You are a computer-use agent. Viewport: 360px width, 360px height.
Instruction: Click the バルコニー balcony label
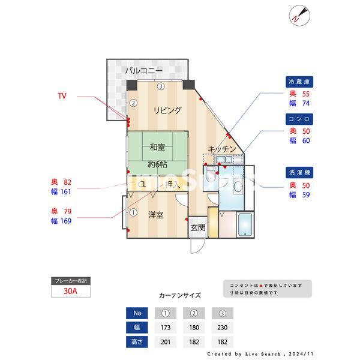[143, 71]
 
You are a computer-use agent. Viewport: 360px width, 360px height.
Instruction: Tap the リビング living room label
[167, 110]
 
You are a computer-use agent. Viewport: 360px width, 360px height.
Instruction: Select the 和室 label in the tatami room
[157, 147]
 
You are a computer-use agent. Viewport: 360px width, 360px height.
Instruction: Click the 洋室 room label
[156, 215]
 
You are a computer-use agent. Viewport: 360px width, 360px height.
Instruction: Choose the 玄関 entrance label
[198, 228]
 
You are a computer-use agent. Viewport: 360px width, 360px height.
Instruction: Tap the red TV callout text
[62, 96]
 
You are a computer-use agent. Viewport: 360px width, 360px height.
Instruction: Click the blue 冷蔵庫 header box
[300, 82]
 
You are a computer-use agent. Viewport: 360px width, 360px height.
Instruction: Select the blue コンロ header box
[300, 119]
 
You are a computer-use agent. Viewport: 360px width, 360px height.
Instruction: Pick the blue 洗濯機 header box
[300, 172]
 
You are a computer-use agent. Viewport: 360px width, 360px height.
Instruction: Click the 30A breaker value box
[71, 292]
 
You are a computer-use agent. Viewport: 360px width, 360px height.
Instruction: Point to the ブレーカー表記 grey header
[71, 281]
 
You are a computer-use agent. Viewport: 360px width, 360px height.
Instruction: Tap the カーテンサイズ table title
[180, 296]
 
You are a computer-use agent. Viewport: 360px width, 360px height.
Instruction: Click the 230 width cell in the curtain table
[222, 328]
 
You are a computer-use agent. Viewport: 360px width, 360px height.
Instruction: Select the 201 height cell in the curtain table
[165, 342]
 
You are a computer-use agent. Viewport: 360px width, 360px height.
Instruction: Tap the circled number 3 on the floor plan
[161, 86]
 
